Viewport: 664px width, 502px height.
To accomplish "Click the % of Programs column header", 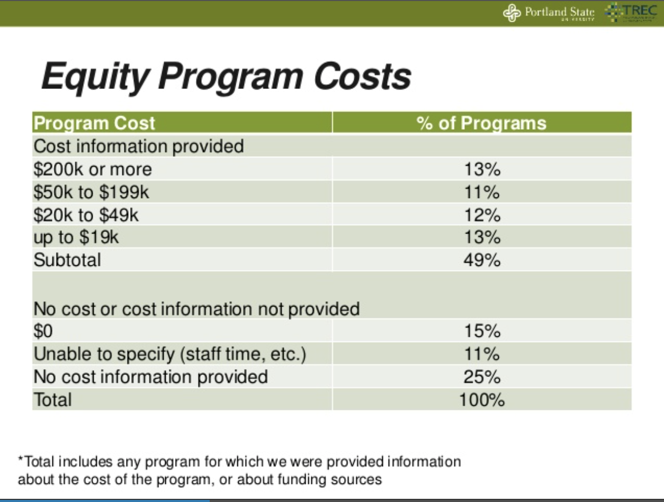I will pos(481,123).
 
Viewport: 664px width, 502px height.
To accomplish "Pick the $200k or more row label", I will pos(93,169).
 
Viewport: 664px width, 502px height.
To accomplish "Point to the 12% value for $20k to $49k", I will pos(482,215).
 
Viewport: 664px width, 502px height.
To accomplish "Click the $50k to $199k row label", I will pos(91,192).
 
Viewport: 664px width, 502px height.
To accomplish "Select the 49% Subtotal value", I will pos(482,261).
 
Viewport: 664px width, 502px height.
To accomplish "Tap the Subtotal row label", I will pos(67,261).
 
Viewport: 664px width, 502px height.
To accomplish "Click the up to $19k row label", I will pos(76,237).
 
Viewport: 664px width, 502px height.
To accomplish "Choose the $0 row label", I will pos(44,331).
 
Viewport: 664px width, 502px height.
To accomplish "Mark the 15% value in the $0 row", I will pos(482,331).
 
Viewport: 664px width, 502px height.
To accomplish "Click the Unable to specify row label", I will pos(169,354).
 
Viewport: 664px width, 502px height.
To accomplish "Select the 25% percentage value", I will pos(482,376).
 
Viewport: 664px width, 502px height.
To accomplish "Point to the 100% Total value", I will pos(482,399).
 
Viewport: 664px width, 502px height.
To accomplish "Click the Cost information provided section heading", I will pos(139,146).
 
